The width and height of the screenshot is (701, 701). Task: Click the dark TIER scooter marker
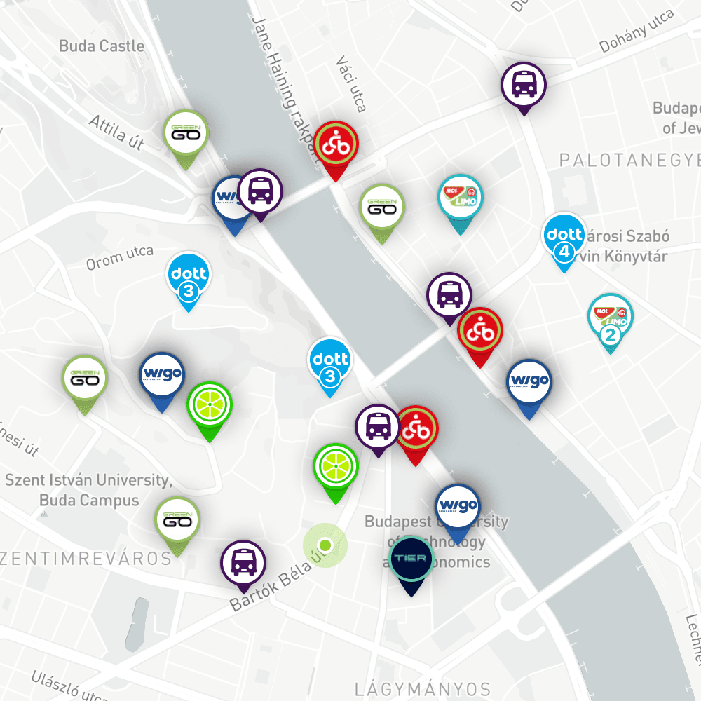click(411, 559)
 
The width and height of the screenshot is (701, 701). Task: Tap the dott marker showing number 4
click(565, 236)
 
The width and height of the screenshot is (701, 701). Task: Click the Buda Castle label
click(102, 46)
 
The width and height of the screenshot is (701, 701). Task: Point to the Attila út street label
click(116, 132)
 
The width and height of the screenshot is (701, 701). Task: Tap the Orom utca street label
click(119, 259)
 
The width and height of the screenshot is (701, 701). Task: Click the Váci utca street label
click(351, 84)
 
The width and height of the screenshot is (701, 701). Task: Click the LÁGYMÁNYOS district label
click(423, 688)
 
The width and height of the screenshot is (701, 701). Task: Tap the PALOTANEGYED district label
click(629, 161)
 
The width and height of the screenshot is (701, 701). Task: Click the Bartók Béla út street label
click(277, 580)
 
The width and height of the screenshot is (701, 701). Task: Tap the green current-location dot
click(325, 545)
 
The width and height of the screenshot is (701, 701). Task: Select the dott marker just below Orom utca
click(188, 275)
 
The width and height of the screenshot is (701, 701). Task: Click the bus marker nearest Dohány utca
click(523, 84)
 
